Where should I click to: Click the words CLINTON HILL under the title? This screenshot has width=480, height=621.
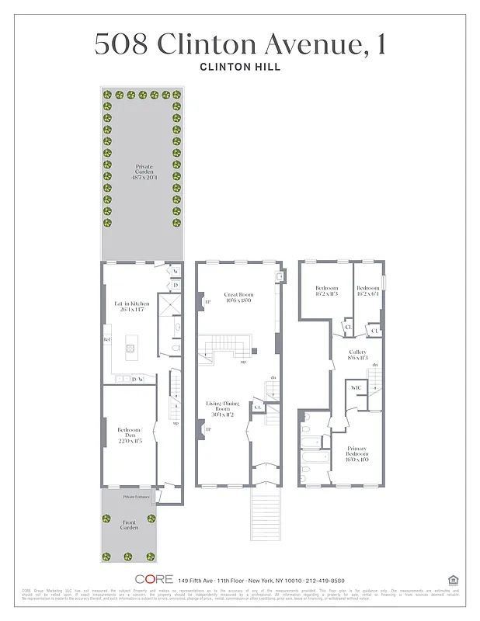(x=240, y=67)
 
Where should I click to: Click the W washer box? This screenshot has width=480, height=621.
(x=176, y=272)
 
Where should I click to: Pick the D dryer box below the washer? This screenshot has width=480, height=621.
(x=176, y=285)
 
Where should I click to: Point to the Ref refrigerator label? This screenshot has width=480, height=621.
(x=107, y=340)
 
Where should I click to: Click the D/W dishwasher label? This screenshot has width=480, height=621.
(x=138, y=379)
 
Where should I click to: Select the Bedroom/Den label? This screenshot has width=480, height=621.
(x=130, y=435)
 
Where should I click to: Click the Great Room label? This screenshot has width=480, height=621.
(x=238, y=298)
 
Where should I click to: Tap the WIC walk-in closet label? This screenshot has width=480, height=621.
(x=357, y=387)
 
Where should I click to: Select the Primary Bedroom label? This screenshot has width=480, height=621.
(x=358, y=454)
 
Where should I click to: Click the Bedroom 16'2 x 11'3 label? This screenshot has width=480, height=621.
(x=327, y=291)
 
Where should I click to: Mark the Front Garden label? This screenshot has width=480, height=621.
(x=129, y=526)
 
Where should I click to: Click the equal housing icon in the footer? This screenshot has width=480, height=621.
(x=453, y=579)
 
